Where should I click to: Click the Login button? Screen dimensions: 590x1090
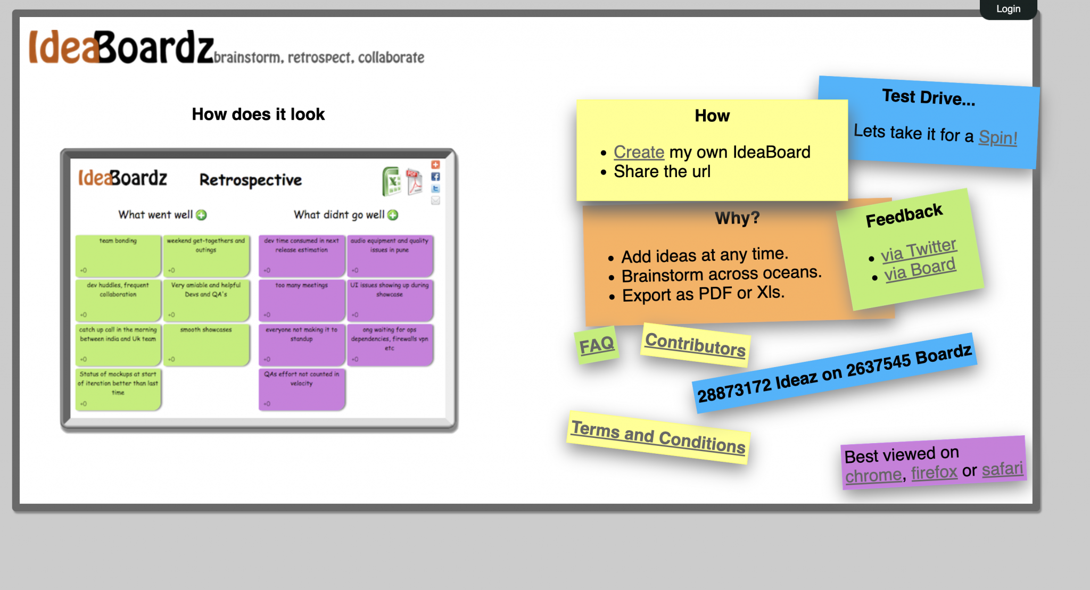tap(1008, 9)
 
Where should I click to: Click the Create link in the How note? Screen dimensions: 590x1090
tap(639, 152)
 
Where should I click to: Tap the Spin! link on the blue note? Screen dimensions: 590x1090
tap(997, 138)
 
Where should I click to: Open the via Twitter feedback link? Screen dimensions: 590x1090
tap(919, 251)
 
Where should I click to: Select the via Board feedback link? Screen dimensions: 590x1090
tap(920, 270)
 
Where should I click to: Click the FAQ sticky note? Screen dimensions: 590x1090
tap(597, 345)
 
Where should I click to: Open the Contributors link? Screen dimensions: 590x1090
tap(695, 345)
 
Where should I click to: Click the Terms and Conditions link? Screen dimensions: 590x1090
tap(658, 437)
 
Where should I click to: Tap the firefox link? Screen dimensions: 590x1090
tap(934, 472)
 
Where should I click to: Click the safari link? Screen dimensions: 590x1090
tap(1002, 469)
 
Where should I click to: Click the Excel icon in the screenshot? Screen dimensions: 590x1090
tap(392, 181)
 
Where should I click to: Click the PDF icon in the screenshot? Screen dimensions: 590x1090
tap(414, 181)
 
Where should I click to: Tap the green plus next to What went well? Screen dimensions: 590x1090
tap(201, 215)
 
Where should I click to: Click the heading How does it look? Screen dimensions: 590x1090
tap(258, 114)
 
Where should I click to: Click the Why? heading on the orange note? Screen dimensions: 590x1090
tap(737, 218)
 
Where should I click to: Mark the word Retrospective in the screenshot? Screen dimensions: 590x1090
tap(250, 180)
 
